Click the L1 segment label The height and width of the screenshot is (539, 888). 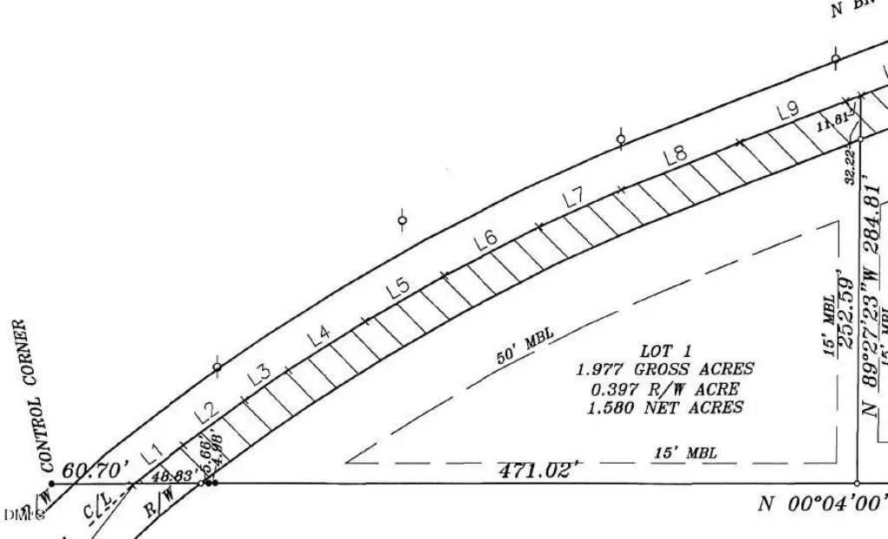tap(153, 451)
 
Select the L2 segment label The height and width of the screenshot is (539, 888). tap(206, 413)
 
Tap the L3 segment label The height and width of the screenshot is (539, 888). tap(258, 373)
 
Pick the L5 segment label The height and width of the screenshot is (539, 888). tap(398, 288)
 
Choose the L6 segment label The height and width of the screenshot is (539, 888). tap(485, 241)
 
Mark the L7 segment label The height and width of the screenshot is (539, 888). tap(573, 198)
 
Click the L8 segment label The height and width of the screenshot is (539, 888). tap(676, 156)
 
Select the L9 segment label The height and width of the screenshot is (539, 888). tap(787, 111)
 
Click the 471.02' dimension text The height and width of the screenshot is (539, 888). tap(538, 471)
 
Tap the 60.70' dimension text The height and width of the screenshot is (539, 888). tap(90, 471)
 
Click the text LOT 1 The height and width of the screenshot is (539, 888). tap(665, 352)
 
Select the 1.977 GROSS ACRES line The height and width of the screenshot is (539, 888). tap(665, 370)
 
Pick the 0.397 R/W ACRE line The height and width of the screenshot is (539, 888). tap(665, 389)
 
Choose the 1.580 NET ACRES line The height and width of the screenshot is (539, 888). tap(665, 407)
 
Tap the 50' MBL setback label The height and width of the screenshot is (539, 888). tap(526, 346)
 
